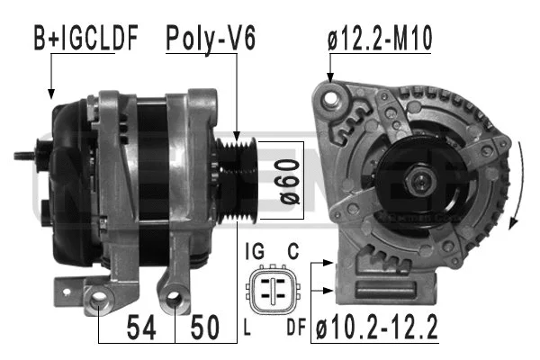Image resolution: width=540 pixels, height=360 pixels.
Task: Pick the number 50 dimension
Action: (206, 326)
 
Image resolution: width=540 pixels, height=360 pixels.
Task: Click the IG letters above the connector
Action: (255, 253)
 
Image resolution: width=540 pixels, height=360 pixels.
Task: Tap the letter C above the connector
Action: (293, 253)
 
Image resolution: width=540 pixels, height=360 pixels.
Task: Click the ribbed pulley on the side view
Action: (239, 180)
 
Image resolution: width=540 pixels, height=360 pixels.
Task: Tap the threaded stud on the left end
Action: (26, 156)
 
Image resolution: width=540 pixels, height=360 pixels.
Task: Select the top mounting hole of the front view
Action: (334, 92)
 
